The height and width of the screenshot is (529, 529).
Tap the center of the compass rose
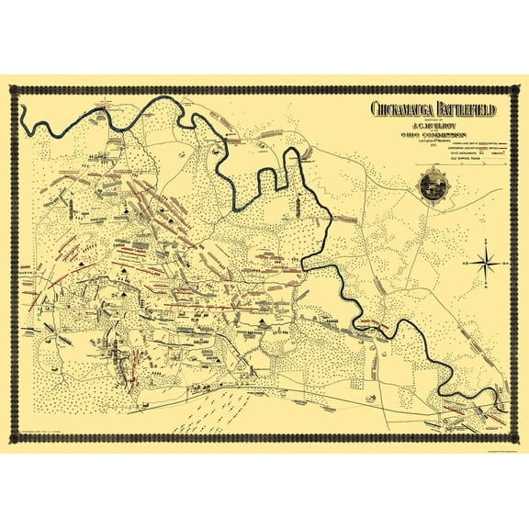point(487,262)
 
